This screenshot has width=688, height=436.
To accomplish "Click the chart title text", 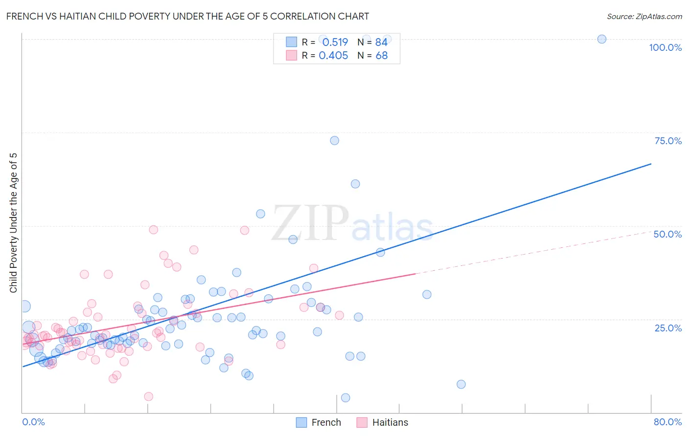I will [x=187, y=16].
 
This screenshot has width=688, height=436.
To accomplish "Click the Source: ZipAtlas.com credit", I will [x=644, y=16].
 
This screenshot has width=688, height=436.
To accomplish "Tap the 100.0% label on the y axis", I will [x=665, y=47].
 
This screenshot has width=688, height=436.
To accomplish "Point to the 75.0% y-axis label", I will [x=668, y=141].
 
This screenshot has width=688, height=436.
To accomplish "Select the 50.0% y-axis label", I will [x=667, y=234].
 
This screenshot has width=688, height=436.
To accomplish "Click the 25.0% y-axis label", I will [x=668, y=327].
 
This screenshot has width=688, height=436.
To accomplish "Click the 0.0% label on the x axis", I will [x=33, y=422].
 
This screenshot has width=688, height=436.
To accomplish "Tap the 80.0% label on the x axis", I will [x=667, y=422].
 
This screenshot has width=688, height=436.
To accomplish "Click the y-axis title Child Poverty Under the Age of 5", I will [x=14, y=223].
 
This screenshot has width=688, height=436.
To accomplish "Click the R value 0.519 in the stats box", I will [x=335, y=43].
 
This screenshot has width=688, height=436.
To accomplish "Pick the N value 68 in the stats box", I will [x=381, y=56].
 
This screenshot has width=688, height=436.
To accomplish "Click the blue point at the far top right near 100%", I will [x=602, y=39].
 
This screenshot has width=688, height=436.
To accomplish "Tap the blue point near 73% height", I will [x=335, y=140].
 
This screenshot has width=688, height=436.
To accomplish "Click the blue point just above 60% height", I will [x=355, y=184].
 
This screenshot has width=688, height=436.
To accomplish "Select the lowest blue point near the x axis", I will [x=345, y=398].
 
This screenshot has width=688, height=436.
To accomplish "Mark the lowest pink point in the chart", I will [x=149, y=396].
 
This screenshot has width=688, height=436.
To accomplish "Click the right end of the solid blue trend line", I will [x=651, y=164].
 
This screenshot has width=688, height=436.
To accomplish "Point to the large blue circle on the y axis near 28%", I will [x=24, y=306].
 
